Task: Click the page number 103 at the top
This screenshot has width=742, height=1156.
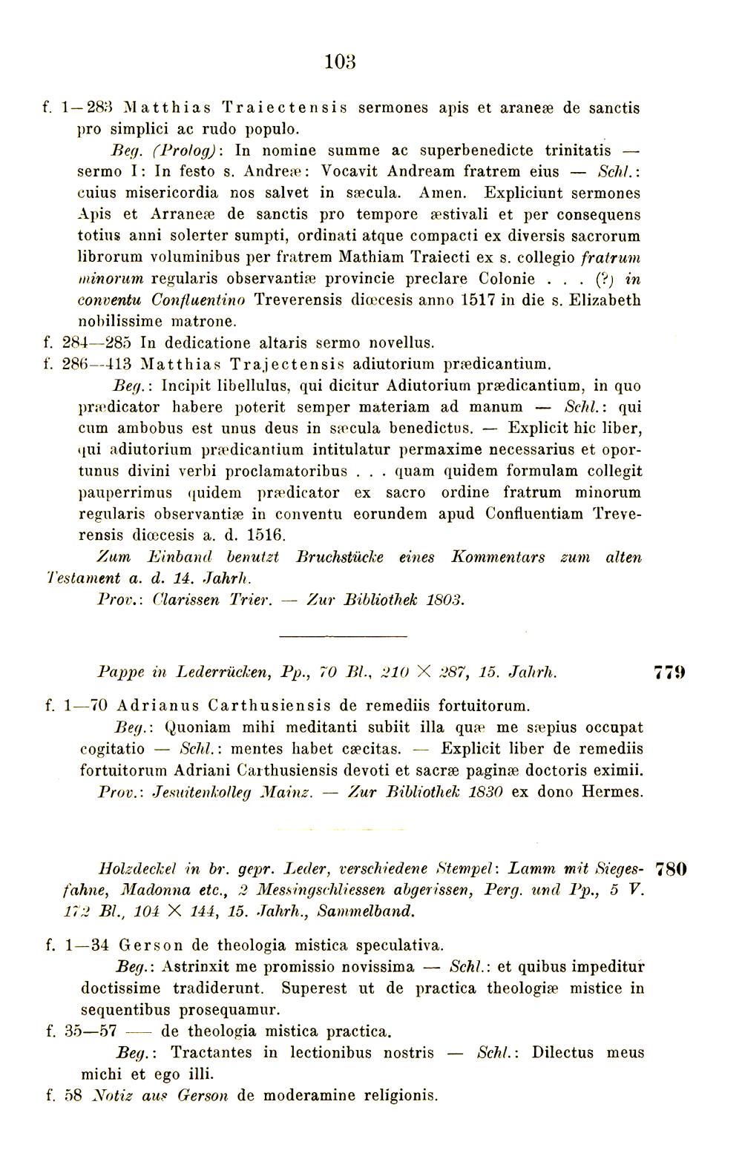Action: click(x=341, y=62)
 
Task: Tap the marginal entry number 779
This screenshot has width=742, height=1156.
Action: click(x=669, y=673)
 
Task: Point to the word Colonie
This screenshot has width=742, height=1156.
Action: click(x=507, y=280)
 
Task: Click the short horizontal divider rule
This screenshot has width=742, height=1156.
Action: click(x=344, y=635)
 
